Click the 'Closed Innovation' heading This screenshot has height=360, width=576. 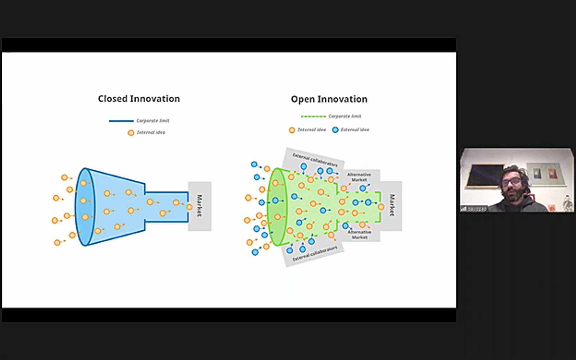tap(139, 99)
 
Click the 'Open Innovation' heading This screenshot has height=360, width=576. tap(329, 99)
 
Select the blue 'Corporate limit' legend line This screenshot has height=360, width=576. tap(121, 121)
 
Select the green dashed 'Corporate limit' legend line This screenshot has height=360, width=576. tap(313, 116)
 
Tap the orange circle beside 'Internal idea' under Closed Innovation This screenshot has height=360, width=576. tap(131, 133)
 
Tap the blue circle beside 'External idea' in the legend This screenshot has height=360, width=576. tap(335, 130)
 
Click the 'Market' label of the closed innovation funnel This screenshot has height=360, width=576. tap(199, 206)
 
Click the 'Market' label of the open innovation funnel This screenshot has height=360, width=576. tap(392, 205)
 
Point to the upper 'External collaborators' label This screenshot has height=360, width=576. tap(315, 159)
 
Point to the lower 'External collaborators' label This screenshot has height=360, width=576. tap(315, 253)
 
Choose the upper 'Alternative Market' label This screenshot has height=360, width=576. tap(359, 177)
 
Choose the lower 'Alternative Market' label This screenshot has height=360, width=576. tap(360, 235)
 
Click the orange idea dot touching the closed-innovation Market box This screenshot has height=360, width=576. tap(189, 207)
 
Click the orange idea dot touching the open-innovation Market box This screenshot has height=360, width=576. tap(381, 207)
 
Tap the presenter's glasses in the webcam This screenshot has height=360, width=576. tap(512, 182)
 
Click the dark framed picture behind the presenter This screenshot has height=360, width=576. tap(484, 176)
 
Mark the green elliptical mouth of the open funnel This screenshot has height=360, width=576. tap(277, 207)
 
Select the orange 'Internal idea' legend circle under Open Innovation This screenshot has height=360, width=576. tap(292, 130)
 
